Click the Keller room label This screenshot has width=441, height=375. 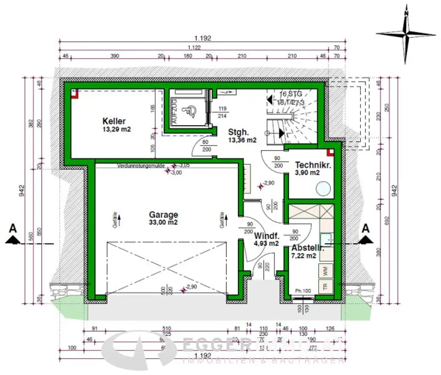pos(114,121)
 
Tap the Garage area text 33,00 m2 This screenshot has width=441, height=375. pos(164,223)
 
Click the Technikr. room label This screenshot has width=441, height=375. pos(313,165)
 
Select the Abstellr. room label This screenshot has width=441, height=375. pos(307,248)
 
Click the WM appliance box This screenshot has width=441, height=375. pos(325,271)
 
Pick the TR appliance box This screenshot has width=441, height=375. pos(325,286)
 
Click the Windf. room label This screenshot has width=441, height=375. pos(267,236)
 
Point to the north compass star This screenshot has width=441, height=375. pos(406,35)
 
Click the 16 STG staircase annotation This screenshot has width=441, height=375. pos(291,94)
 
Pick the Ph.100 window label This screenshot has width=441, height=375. pos(303,290)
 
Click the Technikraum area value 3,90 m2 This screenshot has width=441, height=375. pos(307,173)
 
